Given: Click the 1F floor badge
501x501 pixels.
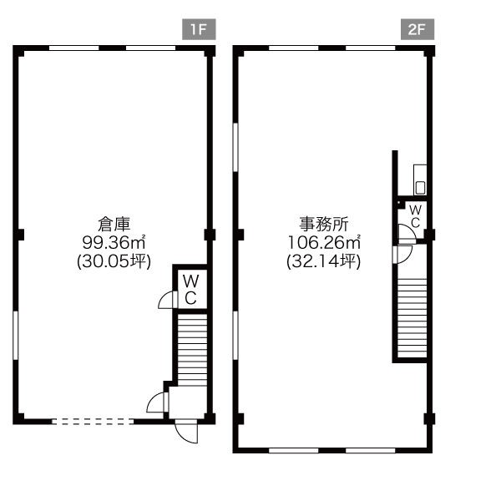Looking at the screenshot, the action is tap(199, 29).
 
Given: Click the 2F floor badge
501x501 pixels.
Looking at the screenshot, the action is tap(417, 29).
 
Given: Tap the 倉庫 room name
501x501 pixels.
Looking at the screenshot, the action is tap(114, 224).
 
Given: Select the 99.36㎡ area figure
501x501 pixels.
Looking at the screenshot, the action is tap(114, 242).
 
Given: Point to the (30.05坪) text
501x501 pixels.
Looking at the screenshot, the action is tap(114, 261).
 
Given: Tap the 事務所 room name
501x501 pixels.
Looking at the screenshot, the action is tap(324, 224).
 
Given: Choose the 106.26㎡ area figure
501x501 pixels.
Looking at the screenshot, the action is tap(324, 242).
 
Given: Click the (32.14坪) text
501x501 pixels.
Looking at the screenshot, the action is tap(324, 261).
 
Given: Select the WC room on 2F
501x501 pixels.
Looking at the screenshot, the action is tap(415, 217).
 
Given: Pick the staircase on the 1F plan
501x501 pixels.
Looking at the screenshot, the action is tap(192, 350).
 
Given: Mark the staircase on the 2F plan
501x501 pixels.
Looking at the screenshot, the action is tap(412, 318).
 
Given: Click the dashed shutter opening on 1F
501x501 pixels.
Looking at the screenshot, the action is tap(93, 422).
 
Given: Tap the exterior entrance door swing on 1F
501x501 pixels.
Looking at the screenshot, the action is tap(186, 432).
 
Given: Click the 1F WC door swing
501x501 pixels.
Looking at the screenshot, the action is tap(167, 300).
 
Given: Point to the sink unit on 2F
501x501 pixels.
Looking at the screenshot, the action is tap(420, 180).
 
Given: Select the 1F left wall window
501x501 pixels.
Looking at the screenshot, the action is tap(15, 335).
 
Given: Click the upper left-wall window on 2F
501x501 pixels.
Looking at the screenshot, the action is tap(235, 147).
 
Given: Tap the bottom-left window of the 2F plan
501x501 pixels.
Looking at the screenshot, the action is tap(294, 451).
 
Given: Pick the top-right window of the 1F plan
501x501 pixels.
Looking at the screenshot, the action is tap(150, 48).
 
